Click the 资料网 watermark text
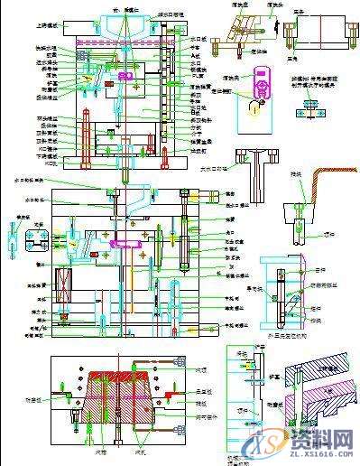tap(322, 440)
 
